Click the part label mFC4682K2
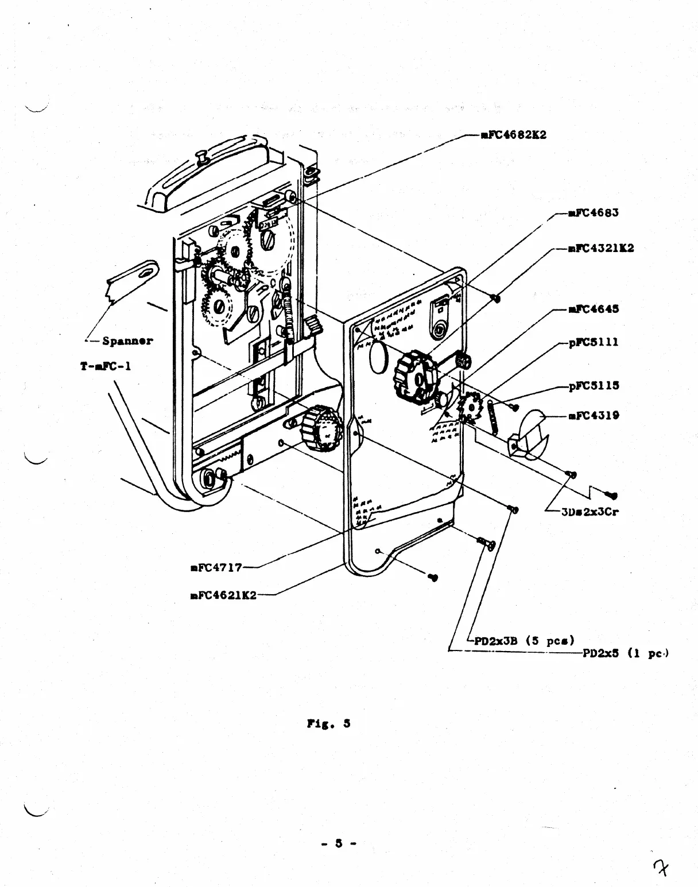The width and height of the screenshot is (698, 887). [x=513, y=135]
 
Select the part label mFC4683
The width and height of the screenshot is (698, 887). [x=593, y=213]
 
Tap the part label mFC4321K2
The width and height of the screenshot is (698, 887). [x=600, y=249]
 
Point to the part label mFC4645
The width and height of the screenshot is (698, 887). [x=593, y=309]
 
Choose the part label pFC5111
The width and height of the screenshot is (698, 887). [x=593, y=342]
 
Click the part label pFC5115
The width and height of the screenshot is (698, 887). [x=594, y=386]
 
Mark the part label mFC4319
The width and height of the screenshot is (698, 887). [x=593, y=416]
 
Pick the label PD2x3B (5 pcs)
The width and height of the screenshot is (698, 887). [x=524, y=641]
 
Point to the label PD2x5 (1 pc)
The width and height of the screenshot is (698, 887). [x=626, y=653]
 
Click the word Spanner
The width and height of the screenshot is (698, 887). [x=127, y=341]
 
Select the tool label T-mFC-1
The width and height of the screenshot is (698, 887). [x=106, y=366]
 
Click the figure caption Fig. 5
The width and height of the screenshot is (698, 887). [x=328, y=724]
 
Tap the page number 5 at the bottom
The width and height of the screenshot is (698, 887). [x=339, y=843]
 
